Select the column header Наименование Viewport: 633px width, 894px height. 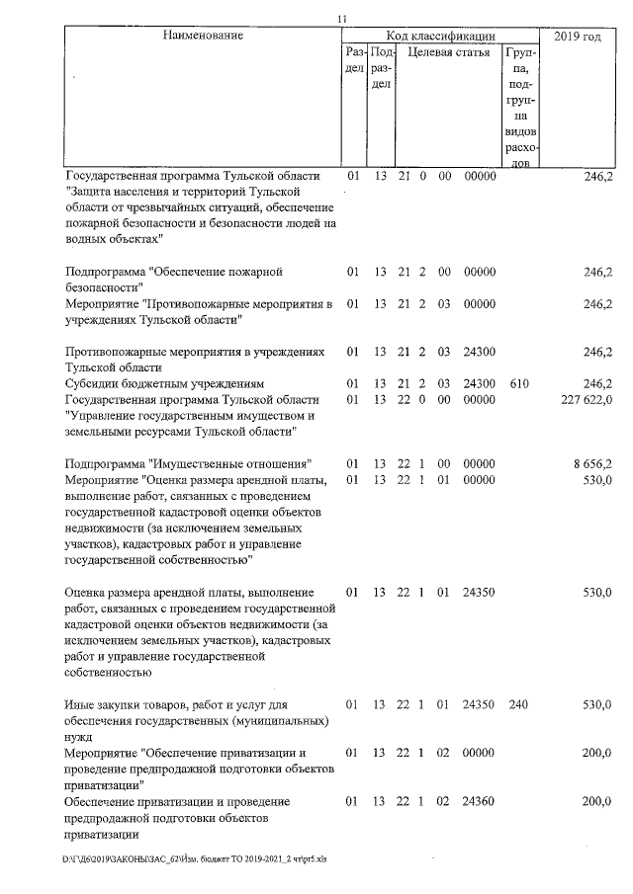pos(203,36)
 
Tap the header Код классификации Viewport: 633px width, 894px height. pos(440,36)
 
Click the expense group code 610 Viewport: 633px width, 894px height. pos(519,382)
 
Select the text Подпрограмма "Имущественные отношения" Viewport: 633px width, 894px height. pos(189,463)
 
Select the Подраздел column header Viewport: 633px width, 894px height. pos(381,68)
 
